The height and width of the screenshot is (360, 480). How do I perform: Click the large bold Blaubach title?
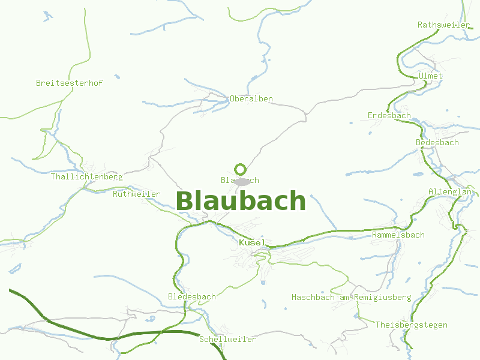(241, 200)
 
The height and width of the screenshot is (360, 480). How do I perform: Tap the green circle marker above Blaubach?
(241, 169)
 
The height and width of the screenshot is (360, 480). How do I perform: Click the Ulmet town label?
(431, 76)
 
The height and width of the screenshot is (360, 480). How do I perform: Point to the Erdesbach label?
(389, 115)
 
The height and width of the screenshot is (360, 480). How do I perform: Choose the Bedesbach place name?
(437, 142)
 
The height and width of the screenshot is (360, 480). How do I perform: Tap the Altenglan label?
(450, 191)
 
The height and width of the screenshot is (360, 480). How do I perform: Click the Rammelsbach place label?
(398, 235)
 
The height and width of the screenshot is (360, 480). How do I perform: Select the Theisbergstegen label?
(411, 325)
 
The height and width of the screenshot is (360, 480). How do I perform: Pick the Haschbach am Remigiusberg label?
(351, 297)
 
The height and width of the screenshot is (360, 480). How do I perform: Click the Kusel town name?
(252, 242)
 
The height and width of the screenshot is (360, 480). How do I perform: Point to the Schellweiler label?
(227, 339)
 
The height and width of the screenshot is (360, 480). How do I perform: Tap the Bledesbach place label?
(191, 296)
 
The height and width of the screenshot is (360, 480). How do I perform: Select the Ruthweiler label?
(136, 194)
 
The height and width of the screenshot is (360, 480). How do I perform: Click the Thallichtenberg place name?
(86, 176)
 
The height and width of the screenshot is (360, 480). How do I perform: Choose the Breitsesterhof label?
(69, 83)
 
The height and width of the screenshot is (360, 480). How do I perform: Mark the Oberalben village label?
(251, 98)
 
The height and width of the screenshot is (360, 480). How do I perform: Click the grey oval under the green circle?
(242, 181)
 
